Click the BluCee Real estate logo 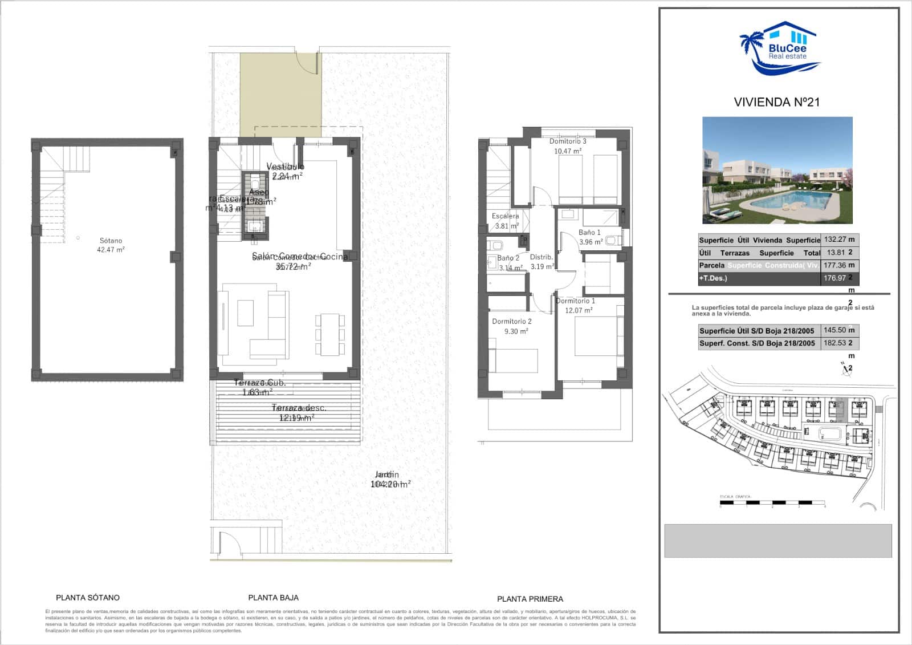coord(780,50)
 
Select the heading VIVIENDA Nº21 coord(776,102)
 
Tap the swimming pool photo coord(777,170)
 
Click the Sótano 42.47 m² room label coord(111,245)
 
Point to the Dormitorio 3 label coord(568,141)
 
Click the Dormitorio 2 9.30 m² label coord(512,326)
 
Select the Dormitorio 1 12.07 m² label coord(576,306)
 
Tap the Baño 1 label coord(589,233)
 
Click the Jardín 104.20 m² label coord(389,480)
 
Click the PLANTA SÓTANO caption coord(88,598)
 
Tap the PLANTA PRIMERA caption coord(530,599)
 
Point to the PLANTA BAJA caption coord(274,598)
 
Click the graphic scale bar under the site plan coord(772,502)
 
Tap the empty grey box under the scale coord(777,541)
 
